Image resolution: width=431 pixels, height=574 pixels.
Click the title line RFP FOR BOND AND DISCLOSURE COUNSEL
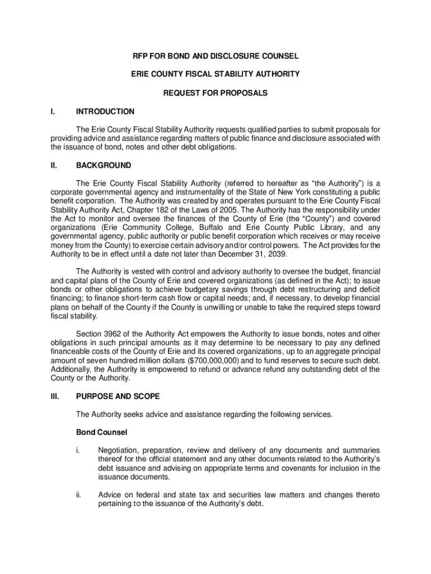pyautogui.click(x=215, y=56)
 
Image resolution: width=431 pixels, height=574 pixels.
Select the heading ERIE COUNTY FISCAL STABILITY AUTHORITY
pyautogui.click(x=215, y=74)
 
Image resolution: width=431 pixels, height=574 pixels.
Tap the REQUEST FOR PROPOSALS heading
pyautogui.click(x=215, y=92)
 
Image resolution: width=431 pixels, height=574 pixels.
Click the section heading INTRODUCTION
pyautogui.click(x=105, y=112)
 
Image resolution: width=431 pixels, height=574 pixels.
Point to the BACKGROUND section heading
pyautogui.click(x=104, y=165)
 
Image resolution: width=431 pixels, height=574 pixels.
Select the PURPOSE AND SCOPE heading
pyautogui.click(x=118, y=396)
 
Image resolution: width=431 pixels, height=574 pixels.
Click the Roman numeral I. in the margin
pyautogui.click(x=52, y=112)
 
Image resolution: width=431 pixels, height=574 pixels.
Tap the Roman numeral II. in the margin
pyautogui.click(x=53, y=165)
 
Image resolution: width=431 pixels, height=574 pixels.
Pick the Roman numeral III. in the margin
pyautogui.click(x=54, y=396)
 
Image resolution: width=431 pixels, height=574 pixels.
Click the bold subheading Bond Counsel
pyautogui.click(x=101, y=432)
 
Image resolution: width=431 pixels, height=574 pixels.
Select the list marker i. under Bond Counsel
pyautogui.click(x=78, y=450)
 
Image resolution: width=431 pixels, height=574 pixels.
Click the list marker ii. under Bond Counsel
pyautogui.click(x=79, y=495)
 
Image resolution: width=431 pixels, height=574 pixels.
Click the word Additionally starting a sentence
pyautogui.click(x=72, y=369)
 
